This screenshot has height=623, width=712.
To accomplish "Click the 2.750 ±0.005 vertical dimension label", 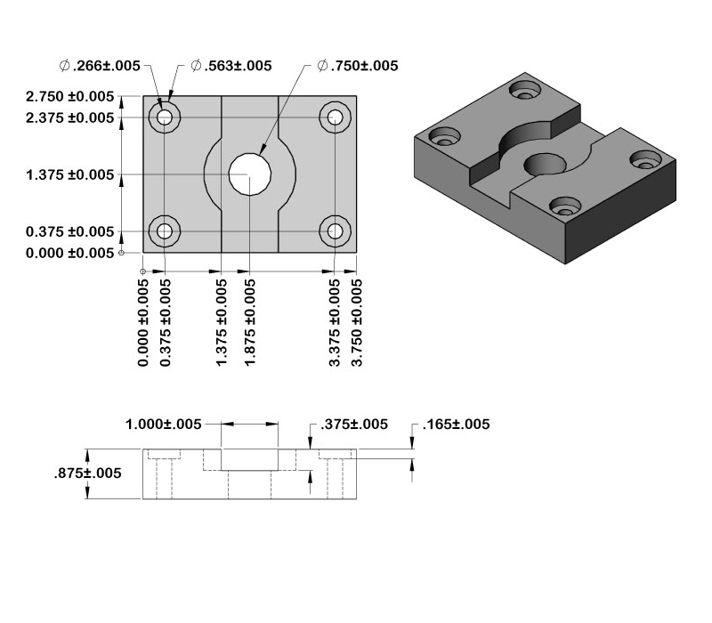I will (x=70, y=96).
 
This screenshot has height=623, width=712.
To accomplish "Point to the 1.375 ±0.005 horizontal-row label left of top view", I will (x=70, y=174).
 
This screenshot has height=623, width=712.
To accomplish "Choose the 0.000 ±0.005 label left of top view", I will (x=70, y=253).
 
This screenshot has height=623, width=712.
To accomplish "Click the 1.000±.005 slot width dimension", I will (x=165, y=425).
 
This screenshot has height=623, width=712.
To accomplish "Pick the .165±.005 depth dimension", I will (x=456, y=425).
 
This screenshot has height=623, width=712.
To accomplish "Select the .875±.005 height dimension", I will (x=86, y=473).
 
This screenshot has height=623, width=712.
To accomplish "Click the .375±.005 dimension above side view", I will (x=354, y=425).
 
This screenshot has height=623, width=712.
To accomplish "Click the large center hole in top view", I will (x=249, y=174).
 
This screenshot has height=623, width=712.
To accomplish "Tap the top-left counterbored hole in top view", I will (x=165, y=117).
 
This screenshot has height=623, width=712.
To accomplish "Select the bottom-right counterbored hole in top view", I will (x=335, y=231).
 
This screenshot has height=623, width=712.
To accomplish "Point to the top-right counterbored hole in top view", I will (x=335, y=117).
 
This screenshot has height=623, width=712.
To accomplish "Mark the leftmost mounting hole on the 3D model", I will (x=442, y=138).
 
